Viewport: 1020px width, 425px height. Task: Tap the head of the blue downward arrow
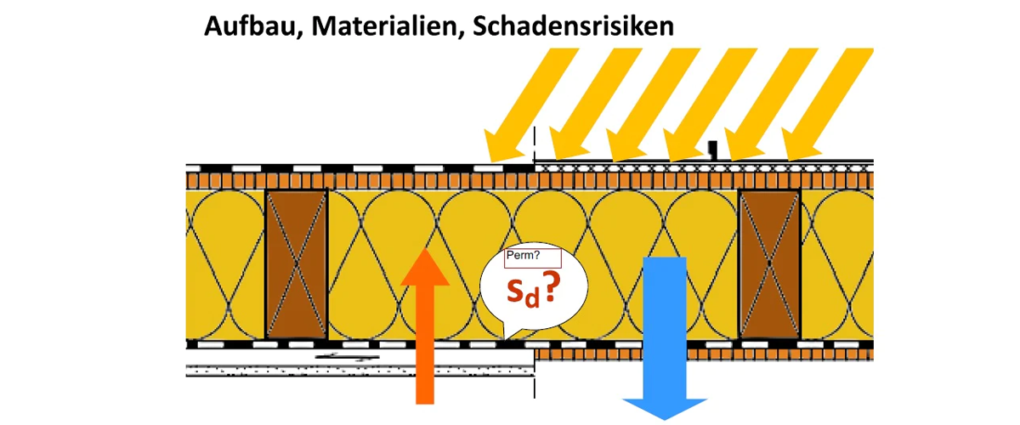665,406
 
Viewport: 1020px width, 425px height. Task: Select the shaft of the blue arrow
665,323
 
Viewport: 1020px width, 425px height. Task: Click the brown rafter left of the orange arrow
297,263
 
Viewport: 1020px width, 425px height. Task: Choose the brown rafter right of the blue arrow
770,263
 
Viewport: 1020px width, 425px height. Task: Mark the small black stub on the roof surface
714,150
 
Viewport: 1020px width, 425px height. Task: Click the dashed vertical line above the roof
535,140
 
